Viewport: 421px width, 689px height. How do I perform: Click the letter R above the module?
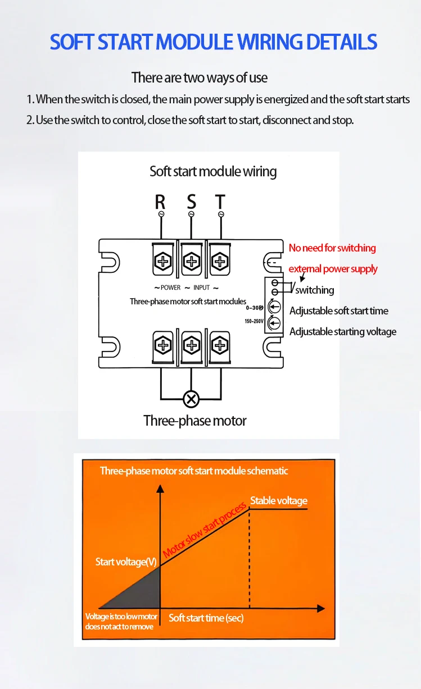coord(160,201)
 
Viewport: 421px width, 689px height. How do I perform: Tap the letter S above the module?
coord(192,201)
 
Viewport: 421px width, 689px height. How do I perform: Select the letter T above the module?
coord(220,201)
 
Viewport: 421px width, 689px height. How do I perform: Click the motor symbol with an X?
coord(192,399)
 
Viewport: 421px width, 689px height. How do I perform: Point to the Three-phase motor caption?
coord(194,421)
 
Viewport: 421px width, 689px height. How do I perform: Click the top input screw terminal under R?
coord(163,261)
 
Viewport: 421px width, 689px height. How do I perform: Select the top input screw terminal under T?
coord(220,261)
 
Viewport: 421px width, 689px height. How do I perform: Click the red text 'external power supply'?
coord(333,269)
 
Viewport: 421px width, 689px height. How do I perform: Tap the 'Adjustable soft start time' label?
coord(338,311)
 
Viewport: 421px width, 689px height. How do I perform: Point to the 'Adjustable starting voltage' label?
coord(342,332)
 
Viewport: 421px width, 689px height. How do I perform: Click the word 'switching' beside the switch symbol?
coord(315,290)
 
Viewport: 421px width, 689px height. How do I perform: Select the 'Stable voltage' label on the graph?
coord(279,500)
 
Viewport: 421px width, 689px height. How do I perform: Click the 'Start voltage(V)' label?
coord(126,562)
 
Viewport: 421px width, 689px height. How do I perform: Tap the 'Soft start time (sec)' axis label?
coord(206,618)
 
